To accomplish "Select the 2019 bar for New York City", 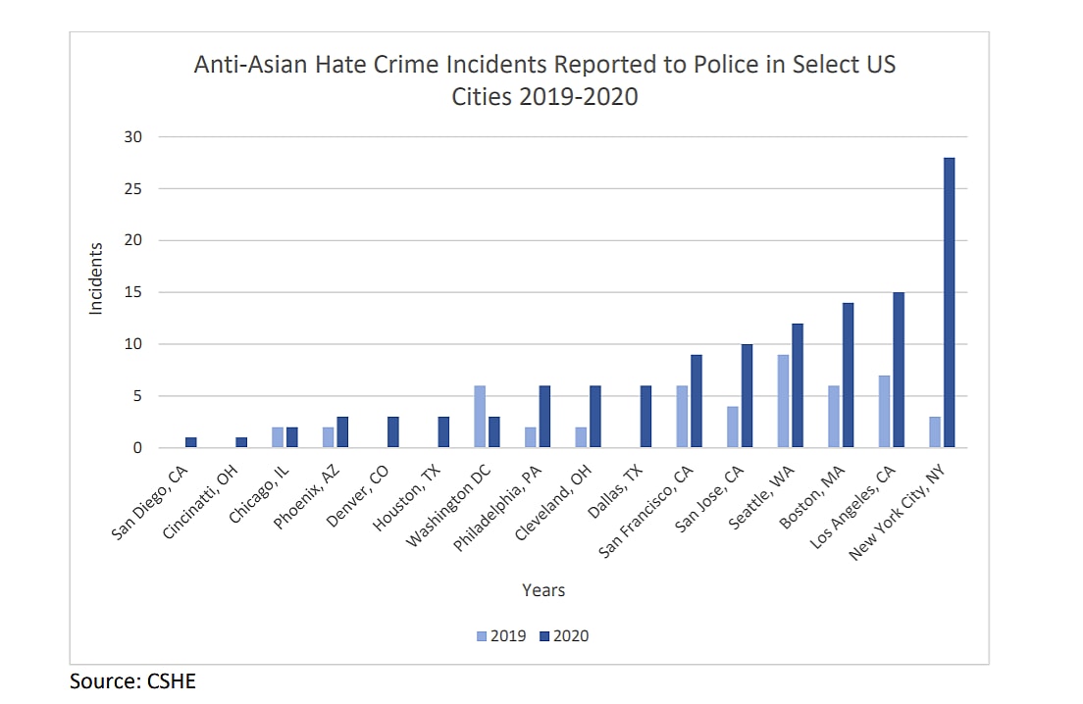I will tap(934, 432).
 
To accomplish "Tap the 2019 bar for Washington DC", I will tap(480, 417).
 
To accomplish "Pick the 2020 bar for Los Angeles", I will tap(898, 370).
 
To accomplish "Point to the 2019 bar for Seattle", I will tap(782, 401).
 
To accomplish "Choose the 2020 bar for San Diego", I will tap(190, 443).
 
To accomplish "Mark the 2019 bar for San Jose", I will tap(731, 427).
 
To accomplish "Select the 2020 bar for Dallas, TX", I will tap(645, 417).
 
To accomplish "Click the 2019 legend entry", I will tap(501, 636).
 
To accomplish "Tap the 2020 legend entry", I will tap(564, 636).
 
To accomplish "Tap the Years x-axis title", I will tap(543, 590).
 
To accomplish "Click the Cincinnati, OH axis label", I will tap(215, 495).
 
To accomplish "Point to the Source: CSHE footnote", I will tap(132, 680).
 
